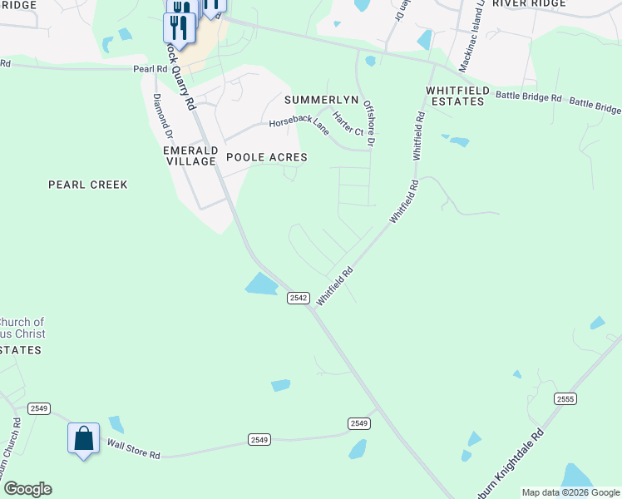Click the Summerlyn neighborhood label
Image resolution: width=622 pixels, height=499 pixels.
(321, 100)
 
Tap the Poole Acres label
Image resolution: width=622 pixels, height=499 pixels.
(267, 157)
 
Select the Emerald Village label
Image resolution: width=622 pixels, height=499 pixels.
(190, 156)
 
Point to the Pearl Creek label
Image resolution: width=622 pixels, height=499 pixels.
(88, 185)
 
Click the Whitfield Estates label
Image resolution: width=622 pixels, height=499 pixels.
(455, 96)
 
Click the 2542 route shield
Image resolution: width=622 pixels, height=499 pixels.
(299, 298)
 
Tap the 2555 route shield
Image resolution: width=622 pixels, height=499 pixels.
(565, 399)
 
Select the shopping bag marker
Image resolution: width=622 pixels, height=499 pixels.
(84, 438)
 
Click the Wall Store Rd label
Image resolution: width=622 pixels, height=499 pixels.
(132, 449)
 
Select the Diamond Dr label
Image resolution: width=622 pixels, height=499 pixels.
(162, 116)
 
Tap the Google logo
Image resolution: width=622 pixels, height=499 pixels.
(27, 489)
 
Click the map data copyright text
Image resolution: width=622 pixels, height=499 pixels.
(570, 492)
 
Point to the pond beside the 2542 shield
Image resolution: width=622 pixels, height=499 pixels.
(262, 284)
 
